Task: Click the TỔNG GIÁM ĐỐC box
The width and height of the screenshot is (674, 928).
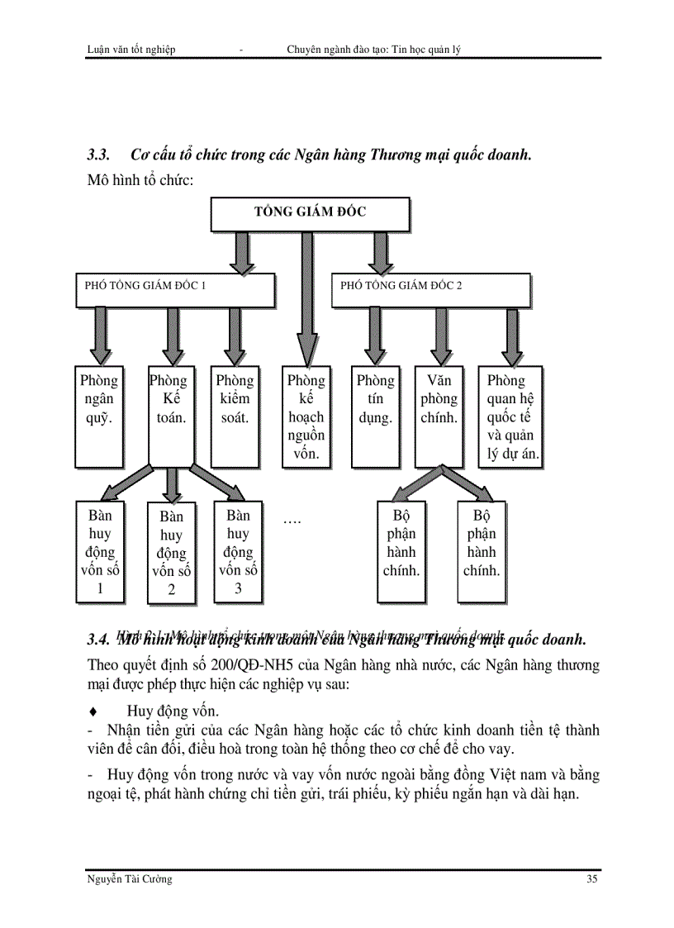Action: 310,213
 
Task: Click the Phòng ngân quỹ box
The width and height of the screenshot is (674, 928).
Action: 99,416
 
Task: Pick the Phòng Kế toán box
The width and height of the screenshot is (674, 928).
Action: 172,416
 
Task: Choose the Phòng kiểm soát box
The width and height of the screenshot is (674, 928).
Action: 235,416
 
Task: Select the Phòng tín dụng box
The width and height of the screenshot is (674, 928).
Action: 376,416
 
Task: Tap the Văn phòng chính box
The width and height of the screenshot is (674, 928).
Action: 439,416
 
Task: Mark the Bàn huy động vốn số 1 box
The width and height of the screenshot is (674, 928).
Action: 100,551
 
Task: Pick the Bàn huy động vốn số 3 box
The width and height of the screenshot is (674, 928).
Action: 238,551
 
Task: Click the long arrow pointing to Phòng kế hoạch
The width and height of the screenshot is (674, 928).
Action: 306,297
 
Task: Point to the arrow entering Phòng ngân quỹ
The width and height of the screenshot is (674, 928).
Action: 100,335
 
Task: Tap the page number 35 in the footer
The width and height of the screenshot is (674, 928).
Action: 592,879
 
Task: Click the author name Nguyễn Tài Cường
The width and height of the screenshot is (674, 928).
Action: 129,879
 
